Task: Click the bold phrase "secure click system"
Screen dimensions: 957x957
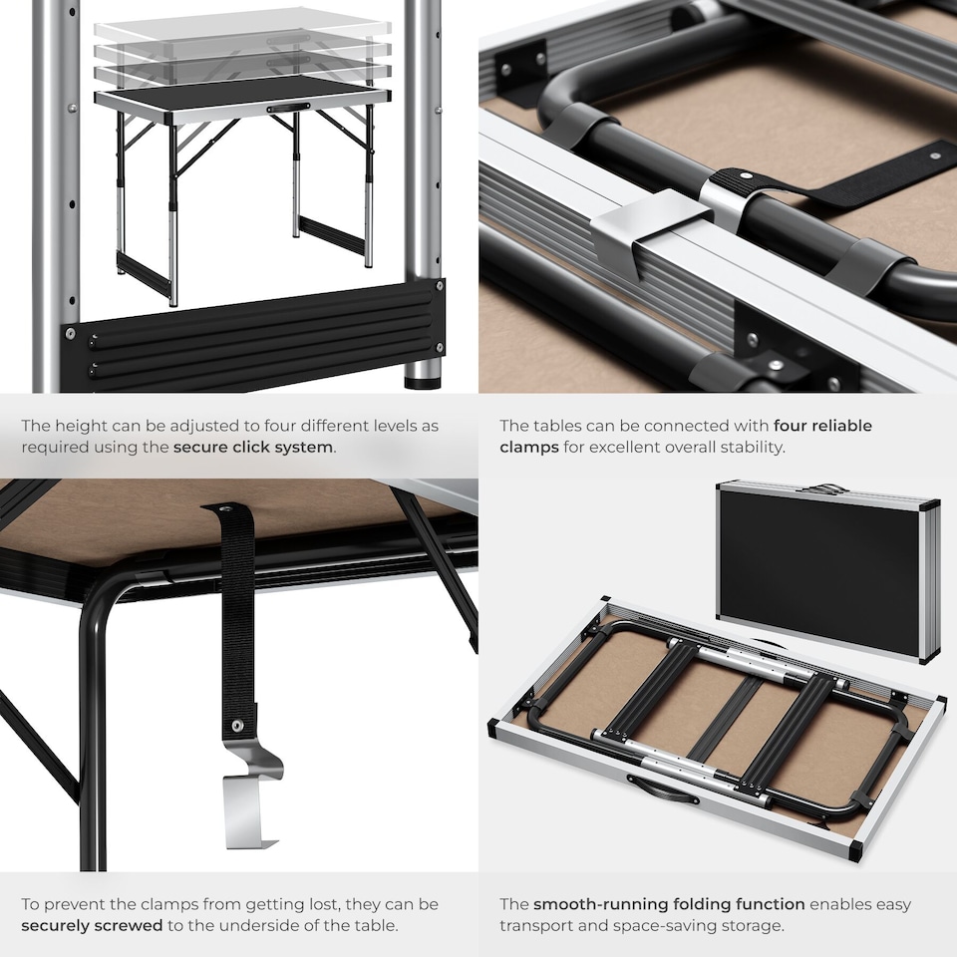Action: pyautogui.click(x=253, y=447)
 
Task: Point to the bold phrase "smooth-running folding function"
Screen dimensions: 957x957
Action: pyautogui.click(x=669, y=904)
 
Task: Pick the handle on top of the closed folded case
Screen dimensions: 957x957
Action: pyautogui.click(x=824, y=489)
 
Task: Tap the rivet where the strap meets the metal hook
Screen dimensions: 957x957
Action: pyautogui.click(x=237, y=726)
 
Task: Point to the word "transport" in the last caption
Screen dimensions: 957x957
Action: pyautogui.click(x=537, y=925)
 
